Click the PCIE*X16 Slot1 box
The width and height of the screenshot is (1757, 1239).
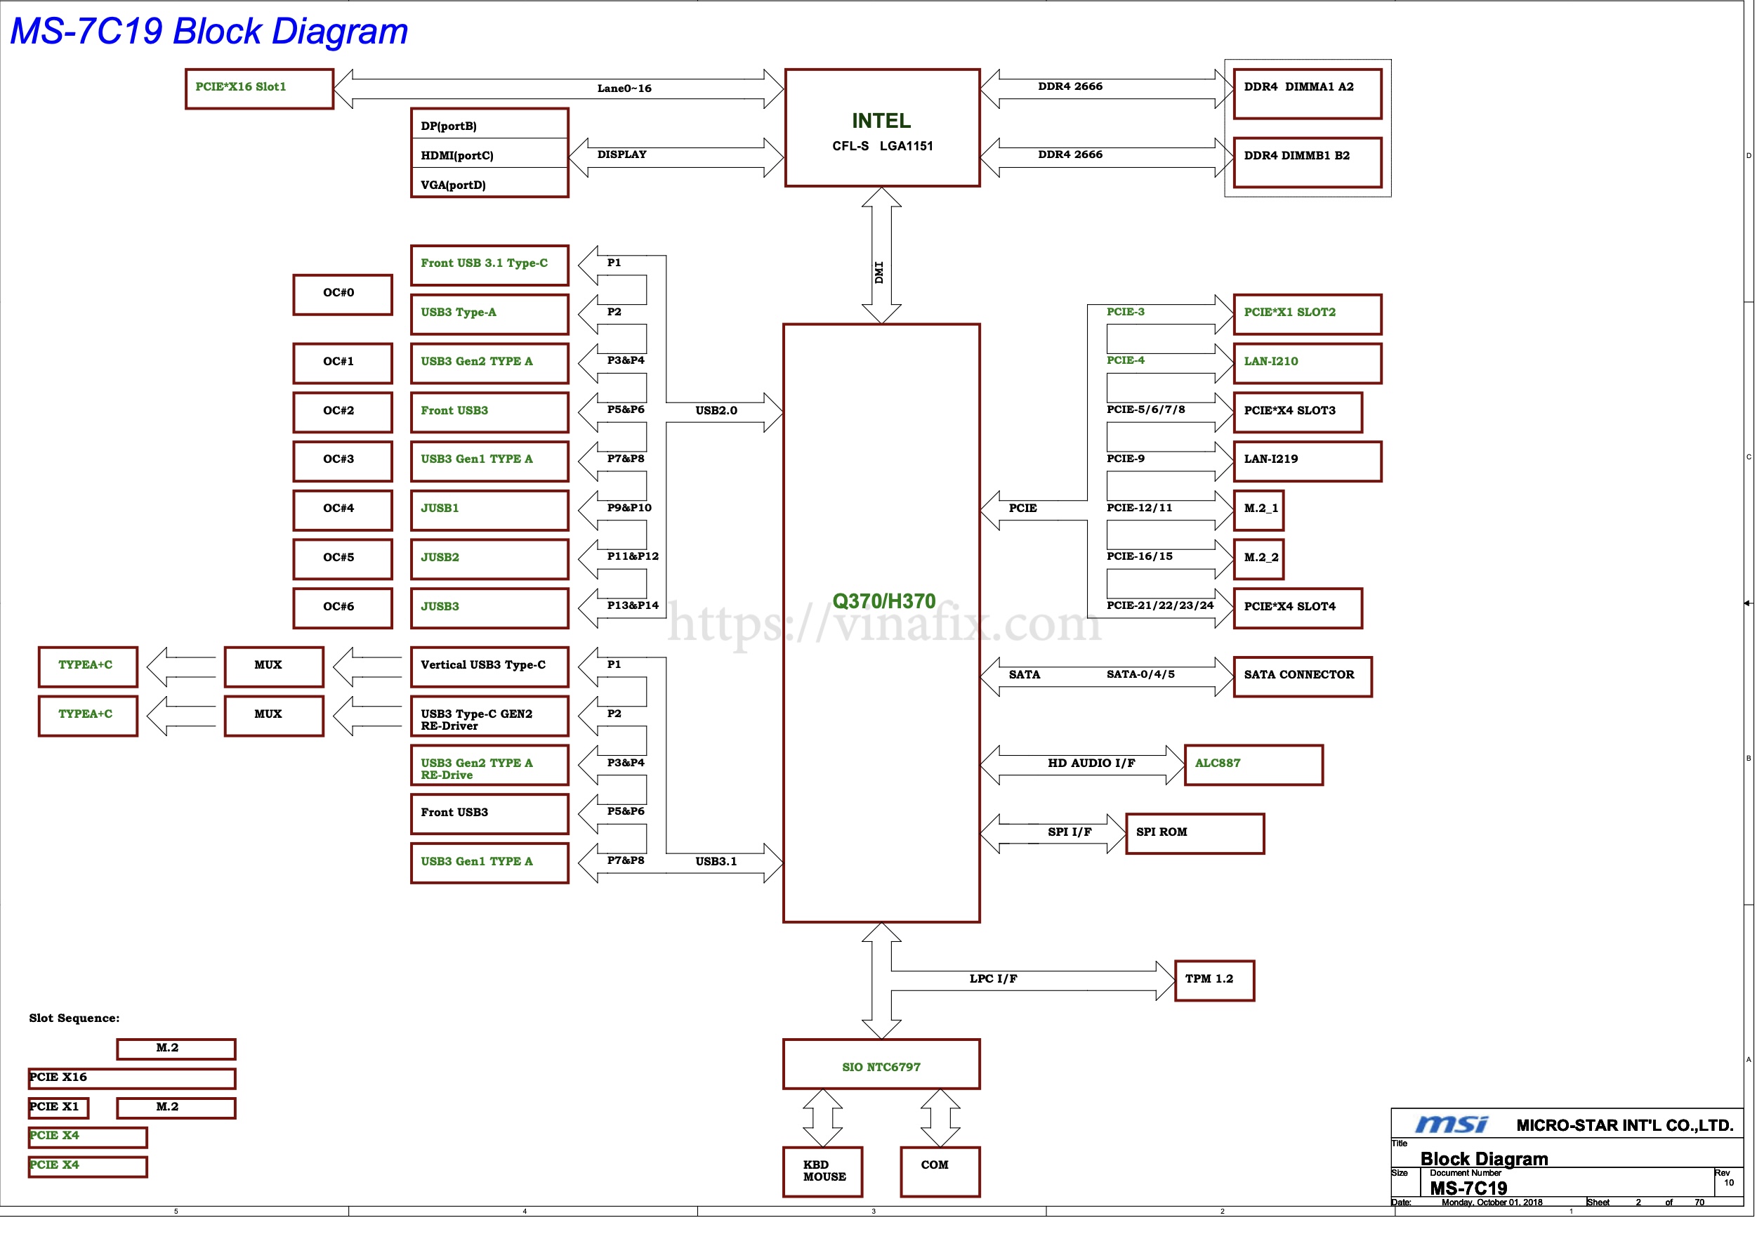click(259, 88)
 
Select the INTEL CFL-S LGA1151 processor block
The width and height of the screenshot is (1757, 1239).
click(881, 128)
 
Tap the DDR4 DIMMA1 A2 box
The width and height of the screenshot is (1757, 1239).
click(1307, 93)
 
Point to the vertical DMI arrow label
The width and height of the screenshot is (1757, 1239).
click(879, 273)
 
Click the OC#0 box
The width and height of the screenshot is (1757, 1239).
click(342, 294)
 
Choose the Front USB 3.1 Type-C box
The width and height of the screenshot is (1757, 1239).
click(489, 265)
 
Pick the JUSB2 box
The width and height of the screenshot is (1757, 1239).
click(489, 558)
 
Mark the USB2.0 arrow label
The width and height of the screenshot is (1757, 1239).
click(716, 411)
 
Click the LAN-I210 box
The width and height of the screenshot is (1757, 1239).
click(1307, 362)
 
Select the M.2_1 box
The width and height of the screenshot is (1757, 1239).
click(1258, 510)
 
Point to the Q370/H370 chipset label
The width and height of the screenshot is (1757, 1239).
click(883, 601)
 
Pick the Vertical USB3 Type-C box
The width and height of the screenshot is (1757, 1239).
click(489, 667)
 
